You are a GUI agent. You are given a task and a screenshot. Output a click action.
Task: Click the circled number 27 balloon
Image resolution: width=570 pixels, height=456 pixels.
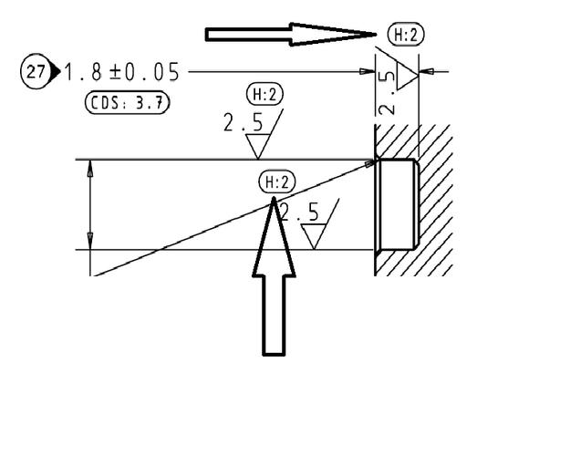pyautogui.click(x=35, y=72)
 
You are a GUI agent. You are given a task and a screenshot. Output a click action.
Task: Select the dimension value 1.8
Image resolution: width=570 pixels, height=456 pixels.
pyautogui.click(x=83, y=72)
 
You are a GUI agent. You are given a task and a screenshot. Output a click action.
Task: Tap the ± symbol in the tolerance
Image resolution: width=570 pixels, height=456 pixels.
pyautogui.click(x=115, y=72)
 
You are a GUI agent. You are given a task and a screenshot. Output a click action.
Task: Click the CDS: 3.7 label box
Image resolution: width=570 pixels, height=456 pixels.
pyautogui.click(x=128, y=103)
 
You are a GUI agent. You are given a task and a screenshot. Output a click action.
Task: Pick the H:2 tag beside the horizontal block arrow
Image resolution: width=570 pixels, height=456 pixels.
pyautogui.click(x=406, y=35)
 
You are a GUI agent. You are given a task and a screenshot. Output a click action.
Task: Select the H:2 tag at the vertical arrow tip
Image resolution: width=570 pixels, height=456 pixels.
pyautogui.click(x=277, y=182)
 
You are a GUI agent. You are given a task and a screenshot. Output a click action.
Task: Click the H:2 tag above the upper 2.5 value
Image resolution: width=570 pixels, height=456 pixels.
pyautogui.click(x=264, y=95)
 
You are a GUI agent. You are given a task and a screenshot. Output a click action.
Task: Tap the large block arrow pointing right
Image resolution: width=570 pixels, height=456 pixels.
pyautogui.click(x=291, y=35)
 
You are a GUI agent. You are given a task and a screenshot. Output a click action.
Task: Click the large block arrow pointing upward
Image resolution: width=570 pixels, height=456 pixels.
pyautogui.click(x=274, y=276)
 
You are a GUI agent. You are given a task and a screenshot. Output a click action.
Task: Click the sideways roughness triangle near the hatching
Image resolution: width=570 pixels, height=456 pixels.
pyautogui.click(x=408, y=77)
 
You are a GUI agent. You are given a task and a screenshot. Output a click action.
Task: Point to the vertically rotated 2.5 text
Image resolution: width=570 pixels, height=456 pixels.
pyautogui.click(x=386, y=93)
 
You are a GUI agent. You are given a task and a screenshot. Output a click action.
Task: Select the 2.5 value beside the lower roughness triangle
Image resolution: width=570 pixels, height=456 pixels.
pyautogui.click(x=300, y=212)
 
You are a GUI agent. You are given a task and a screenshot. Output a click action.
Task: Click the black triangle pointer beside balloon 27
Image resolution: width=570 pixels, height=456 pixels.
pyautogui.click(x=55, y=72)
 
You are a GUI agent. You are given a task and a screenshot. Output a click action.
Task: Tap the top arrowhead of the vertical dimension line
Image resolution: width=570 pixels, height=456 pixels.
pyautogui.click(x=90, y=169)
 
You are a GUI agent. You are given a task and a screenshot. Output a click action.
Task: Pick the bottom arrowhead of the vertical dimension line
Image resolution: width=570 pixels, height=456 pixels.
pyautogui.click(x=90, y=241)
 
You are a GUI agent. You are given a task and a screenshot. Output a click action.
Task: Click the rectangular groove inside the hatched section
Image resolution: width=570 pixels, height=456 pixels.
pyautogui.click(x=397, y=204)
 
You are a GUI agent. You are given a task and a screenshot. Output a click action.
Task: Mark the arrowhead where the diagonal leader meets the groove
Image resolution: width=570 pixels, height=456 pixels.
pyautogui.click(x=371, y=163)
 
